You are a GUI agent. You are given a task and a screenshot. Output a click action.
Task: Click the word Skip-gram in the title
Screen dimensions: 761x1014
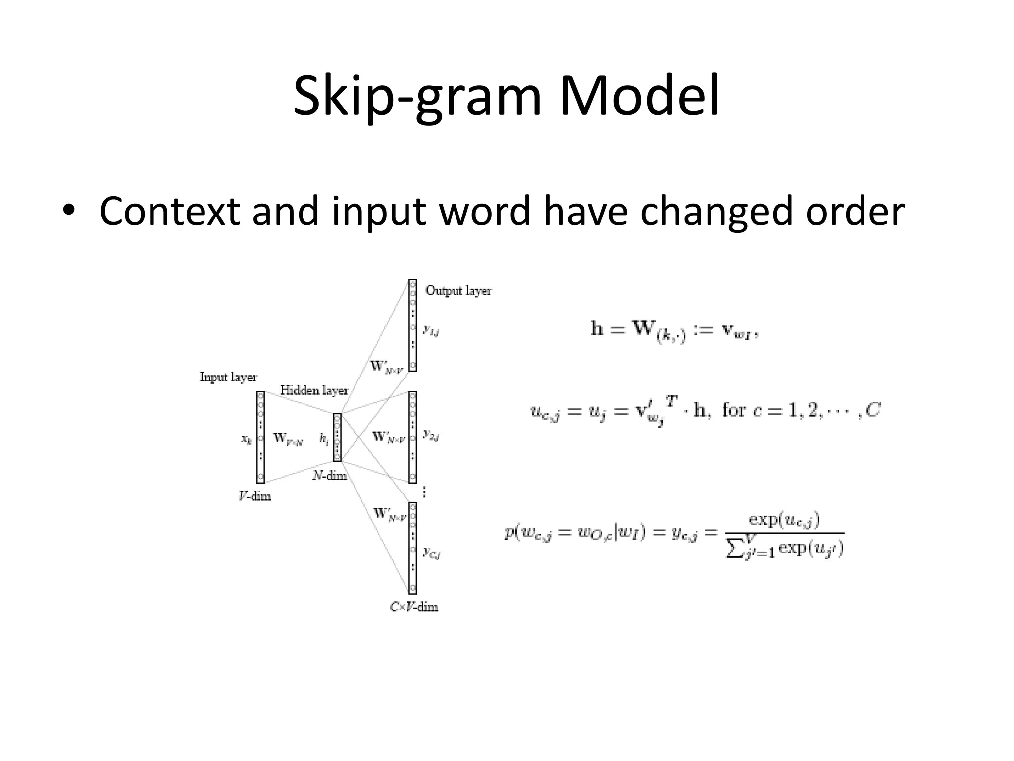417,97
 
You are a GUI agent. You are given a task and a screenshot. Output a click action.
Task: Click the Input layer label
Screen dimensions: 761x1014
228,377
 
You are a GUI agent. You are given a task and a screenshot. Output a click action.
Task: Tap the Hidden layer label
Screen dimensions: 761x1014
314,390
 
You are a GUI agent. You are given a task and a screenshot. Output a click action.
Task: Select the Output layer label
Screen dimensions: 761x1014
458,291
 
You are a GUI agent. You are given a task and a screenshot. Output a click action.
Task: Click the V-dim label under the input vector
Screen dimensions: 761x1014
254,496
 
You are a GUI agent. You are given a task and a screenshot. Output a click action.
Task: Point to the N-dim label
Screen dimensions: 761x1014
329,476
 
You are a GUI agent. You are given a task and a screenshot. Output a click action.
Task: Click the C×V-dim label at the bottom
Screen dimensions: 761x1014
414,607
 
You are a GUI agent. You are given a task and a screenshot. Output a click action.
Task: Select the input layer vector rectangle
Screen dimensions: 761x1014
260,437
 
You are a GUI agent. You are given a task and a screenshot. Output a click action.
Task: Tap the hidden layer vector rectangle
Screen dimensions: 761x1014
337,437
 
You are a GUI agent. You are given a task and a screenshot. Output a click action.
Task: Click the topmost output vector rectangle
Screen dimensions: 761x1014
412,325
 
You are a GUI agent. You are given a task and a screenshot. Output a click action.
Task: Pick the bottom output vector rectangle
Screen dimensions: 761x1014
412,548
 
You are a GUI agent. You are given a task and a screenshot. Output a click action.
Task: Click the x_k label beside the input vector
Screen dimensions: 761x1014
246,439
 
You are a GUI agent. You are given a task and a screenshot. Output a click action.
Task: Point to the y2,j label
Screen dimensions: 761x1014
431,435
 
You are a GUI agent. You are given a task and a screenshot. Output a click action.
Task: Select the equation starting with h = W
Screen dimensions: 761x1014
673,330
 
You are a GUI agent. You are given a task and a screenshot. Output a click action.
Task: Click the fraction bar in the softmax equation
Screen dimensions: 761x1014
784,533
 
